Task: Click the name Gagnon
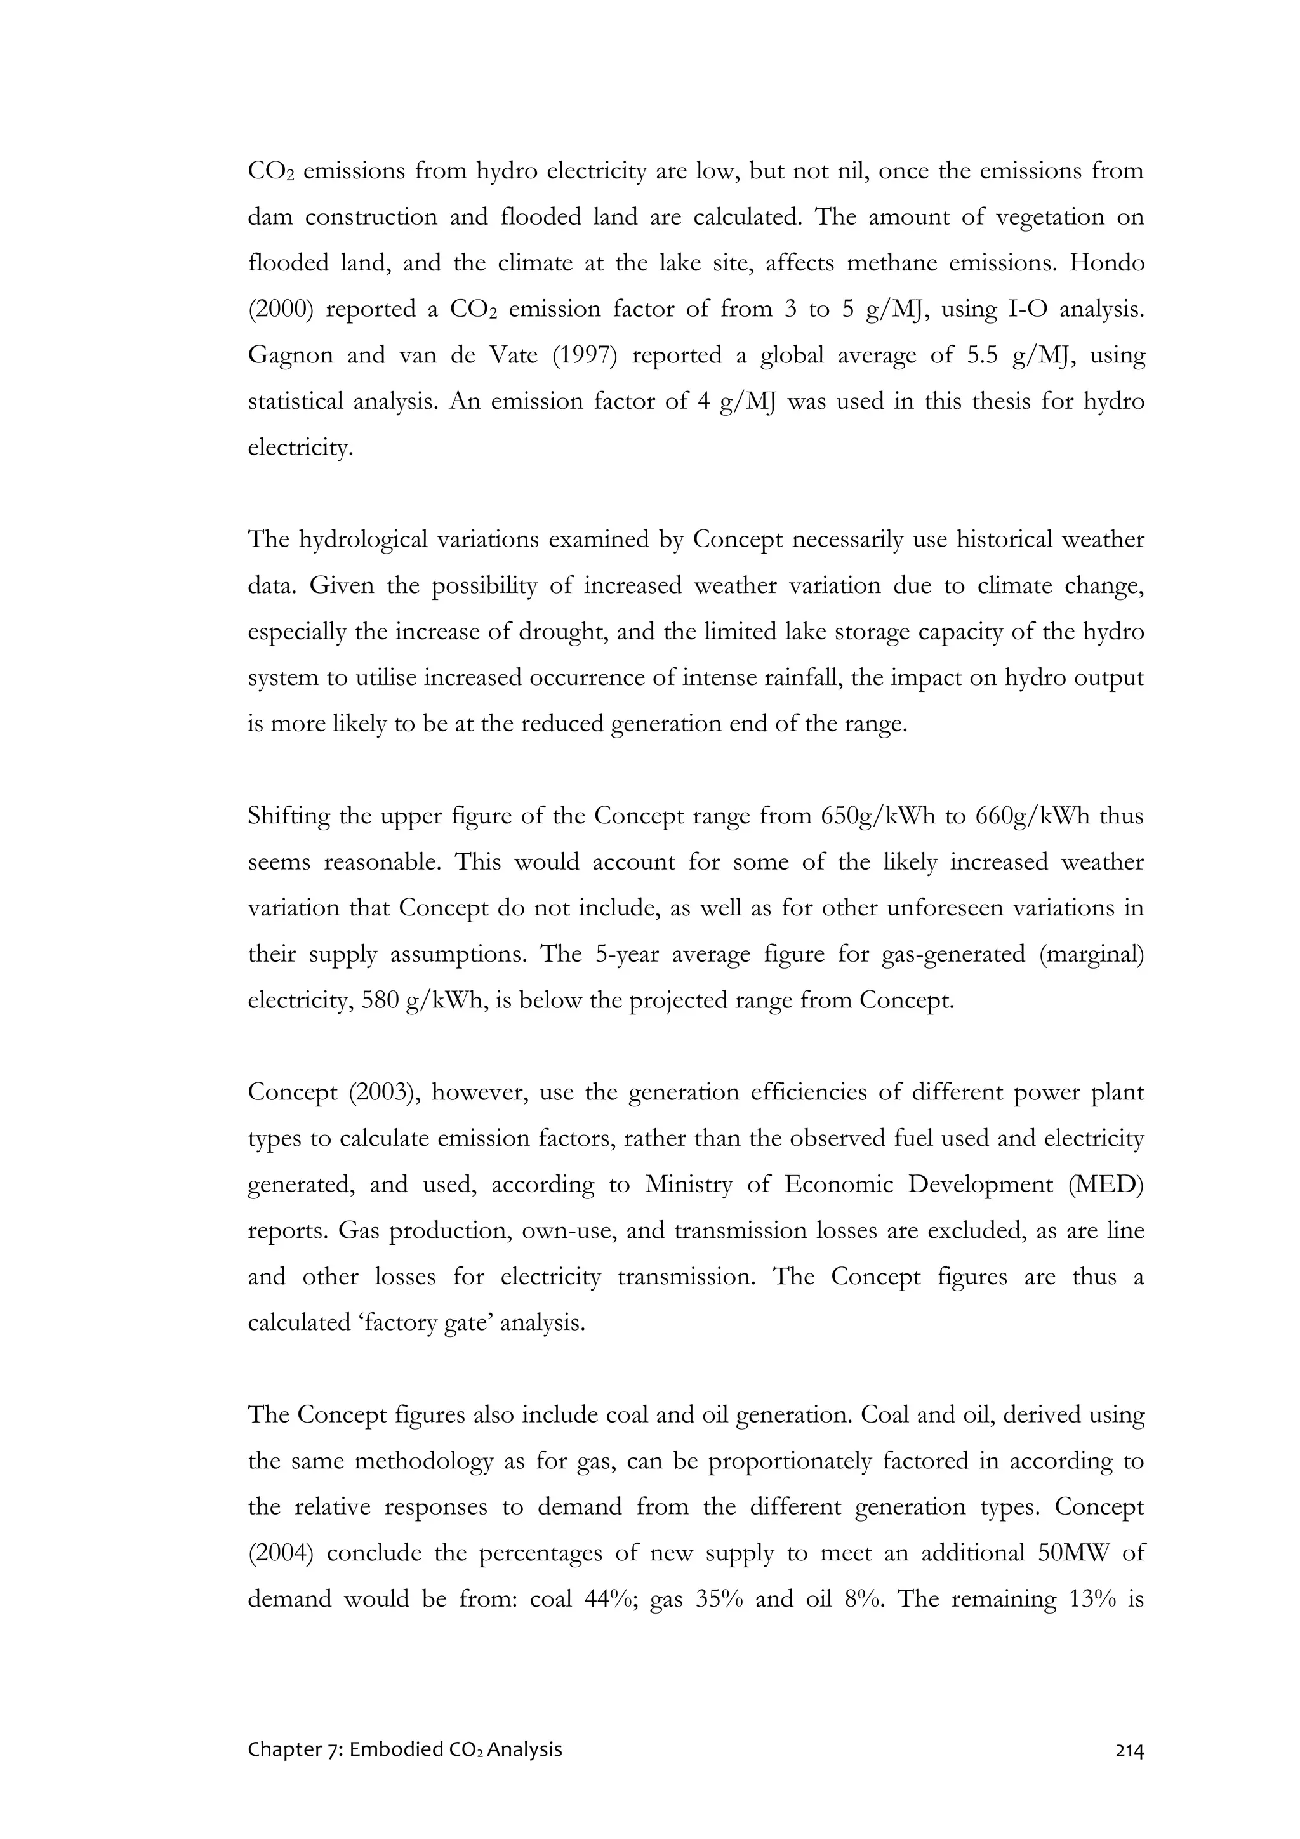pyautogui.click(x=290, y=355)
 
